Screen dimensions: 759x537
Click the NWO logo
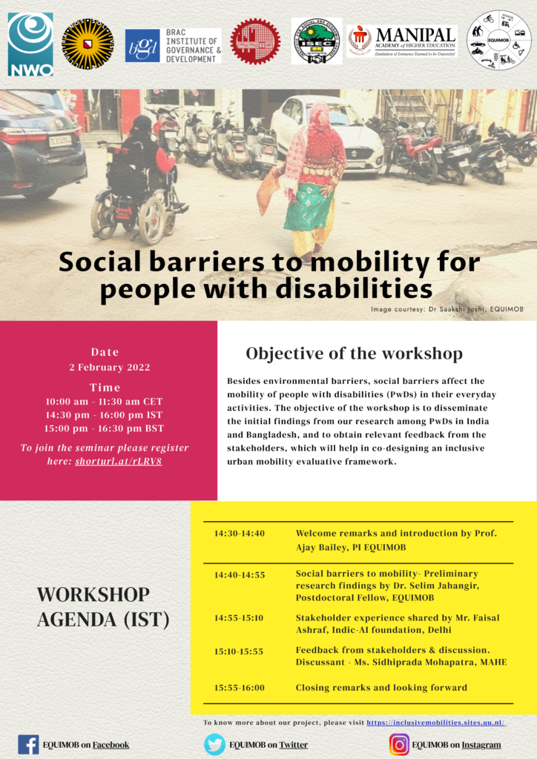pyautogui.click(x=30, y=44)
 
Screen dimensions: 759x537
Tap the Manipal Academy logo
pyautogui.click(x=401, y=41)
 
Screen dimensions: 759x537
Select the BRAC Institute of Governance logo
pyautogui.click(x=173, y=45)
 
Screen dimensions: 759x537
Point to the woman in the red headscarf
pyautogui.click(x=314, y=178)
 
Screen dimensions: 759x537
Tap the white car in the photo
pyautogui.click(x=326, y=133)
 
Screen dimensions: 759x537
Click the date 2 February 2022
pyautogui.click(x=110, y=368)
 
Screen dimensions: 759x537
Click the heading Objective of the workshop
pyautogui.click(x=354, y=353)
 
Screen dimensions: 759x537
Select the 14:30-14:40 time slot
pyautogui.click(x=240, y=534)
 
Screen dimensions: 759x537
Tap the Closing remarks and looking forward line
pyautogui.click(x=381, y=688)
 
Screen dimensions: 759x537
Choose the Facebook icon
pyautogui.click(x=28, y=744)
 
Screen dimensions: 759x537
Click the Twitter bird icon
pyautogui.click(x=214, y=744)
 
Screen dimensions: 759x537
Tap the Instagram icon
pyautogui.click(x=399, y=744)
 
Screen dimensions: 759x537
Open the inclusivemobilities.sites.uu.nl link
pyautogui.click(x=436, y=722)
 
